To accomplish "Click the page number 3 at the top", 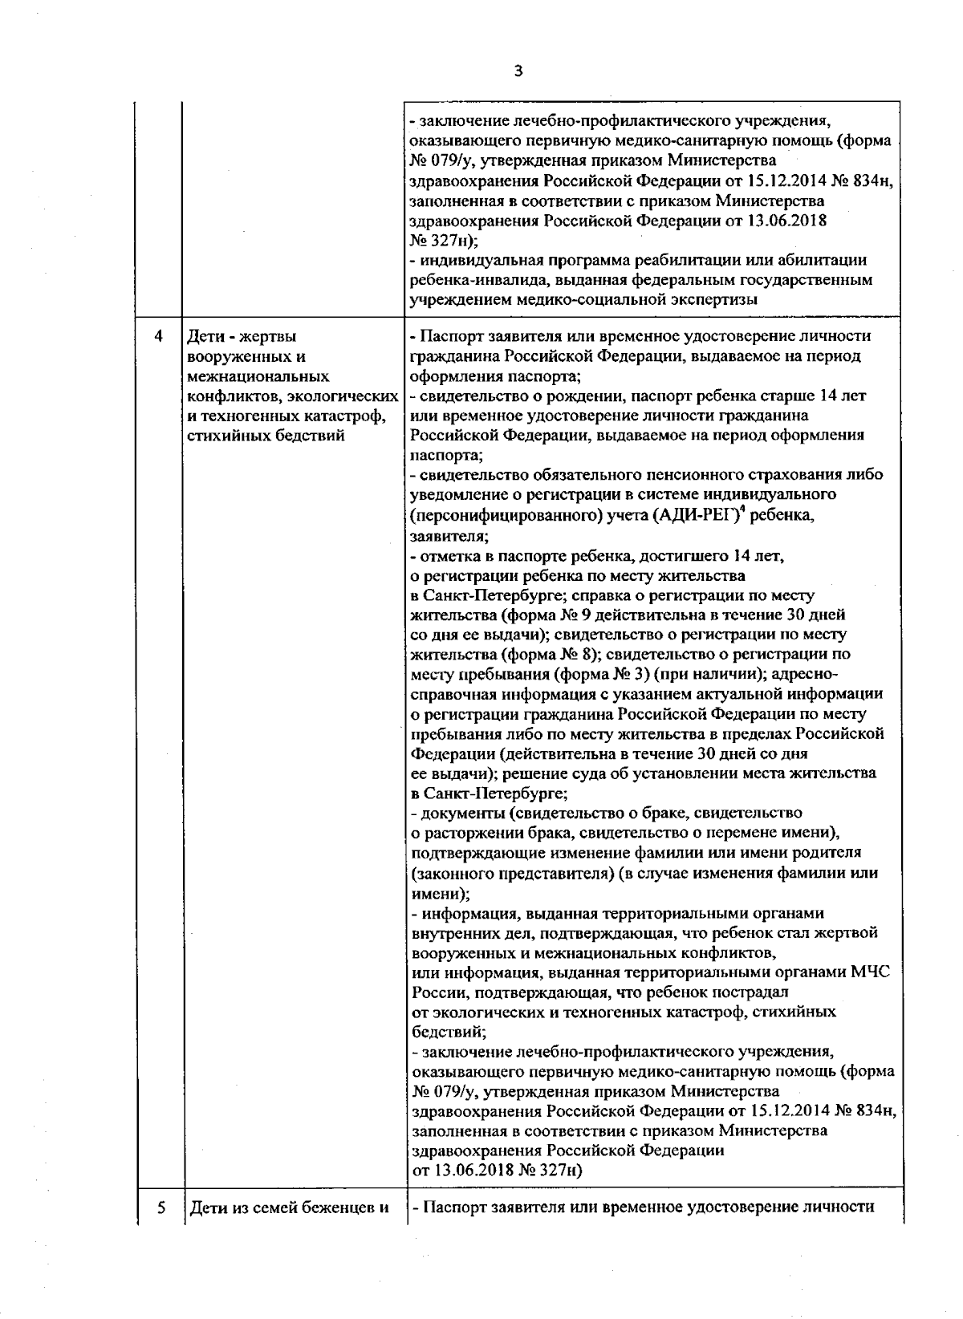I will point(518,71).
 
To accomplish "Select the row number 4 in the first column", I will point(158,336).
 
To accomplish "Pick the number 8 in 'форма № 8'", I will point(582,654).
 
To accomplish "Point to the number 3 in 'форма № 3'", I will point(641,674).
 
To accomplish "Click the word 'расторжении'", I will point(472,833).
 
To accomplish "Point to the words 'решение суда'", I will point(533,773).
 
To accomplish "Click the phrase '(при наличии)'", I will point(707,674).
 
